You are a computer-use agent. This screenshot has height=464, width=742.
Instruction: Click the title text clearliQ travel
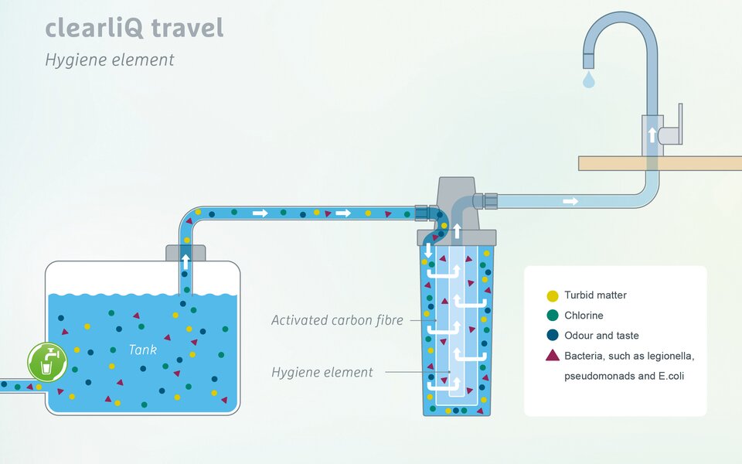click(x=134, y=28)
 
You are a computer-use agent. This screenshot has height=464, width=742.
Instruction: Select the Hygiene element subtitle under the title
click(x=110, y=60)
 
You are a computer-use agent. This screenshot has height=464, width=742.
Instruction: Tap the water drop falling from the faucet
click(x=589, y=80)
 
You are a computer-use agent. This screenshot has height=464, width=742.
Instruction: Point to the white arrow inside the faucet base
click(x=652, y=135)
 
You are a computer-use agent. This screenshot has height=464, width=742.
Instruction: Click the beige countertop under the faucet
click(x=660, y=163)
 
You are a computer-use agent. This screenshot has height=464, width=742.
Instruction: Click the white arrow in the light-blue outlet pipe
click(x=570, y=201)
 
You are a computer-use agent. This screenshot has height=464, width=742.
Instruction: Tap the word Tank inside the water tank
click(x=143, y=350)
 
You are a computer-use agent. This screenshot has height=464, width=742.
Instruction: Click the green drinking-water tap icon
click(x=47, y=362)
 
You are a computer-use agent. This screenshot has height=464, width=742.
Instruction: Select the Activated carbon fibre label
click(x=337, y=320)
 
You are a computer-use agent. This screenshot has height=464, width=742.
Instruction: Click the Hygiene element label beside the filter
click(x=322, y=372)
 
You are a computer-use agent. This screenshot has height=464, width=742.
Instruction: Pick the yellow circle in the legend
click(x=552, y=296)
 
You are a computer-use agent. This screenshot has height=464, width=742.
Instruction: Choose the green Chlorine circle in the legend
click(x=552, y=316)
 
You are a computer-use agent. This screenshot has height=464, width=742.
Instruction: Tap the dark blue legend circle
click(x=552, y=335)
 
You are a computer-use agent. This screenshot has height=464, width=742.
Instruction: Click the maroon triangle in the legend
click(x=552, y=355)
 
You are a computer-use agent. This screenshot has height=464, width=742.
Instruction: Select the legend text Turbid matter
click(x=595, y=295)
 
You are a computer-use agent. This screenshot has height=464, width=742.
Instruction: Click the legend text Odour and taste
click(x=601, y=335)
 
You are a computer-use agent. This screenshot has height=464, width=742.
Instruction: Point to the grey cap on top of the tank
click(x=185, y=254)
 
